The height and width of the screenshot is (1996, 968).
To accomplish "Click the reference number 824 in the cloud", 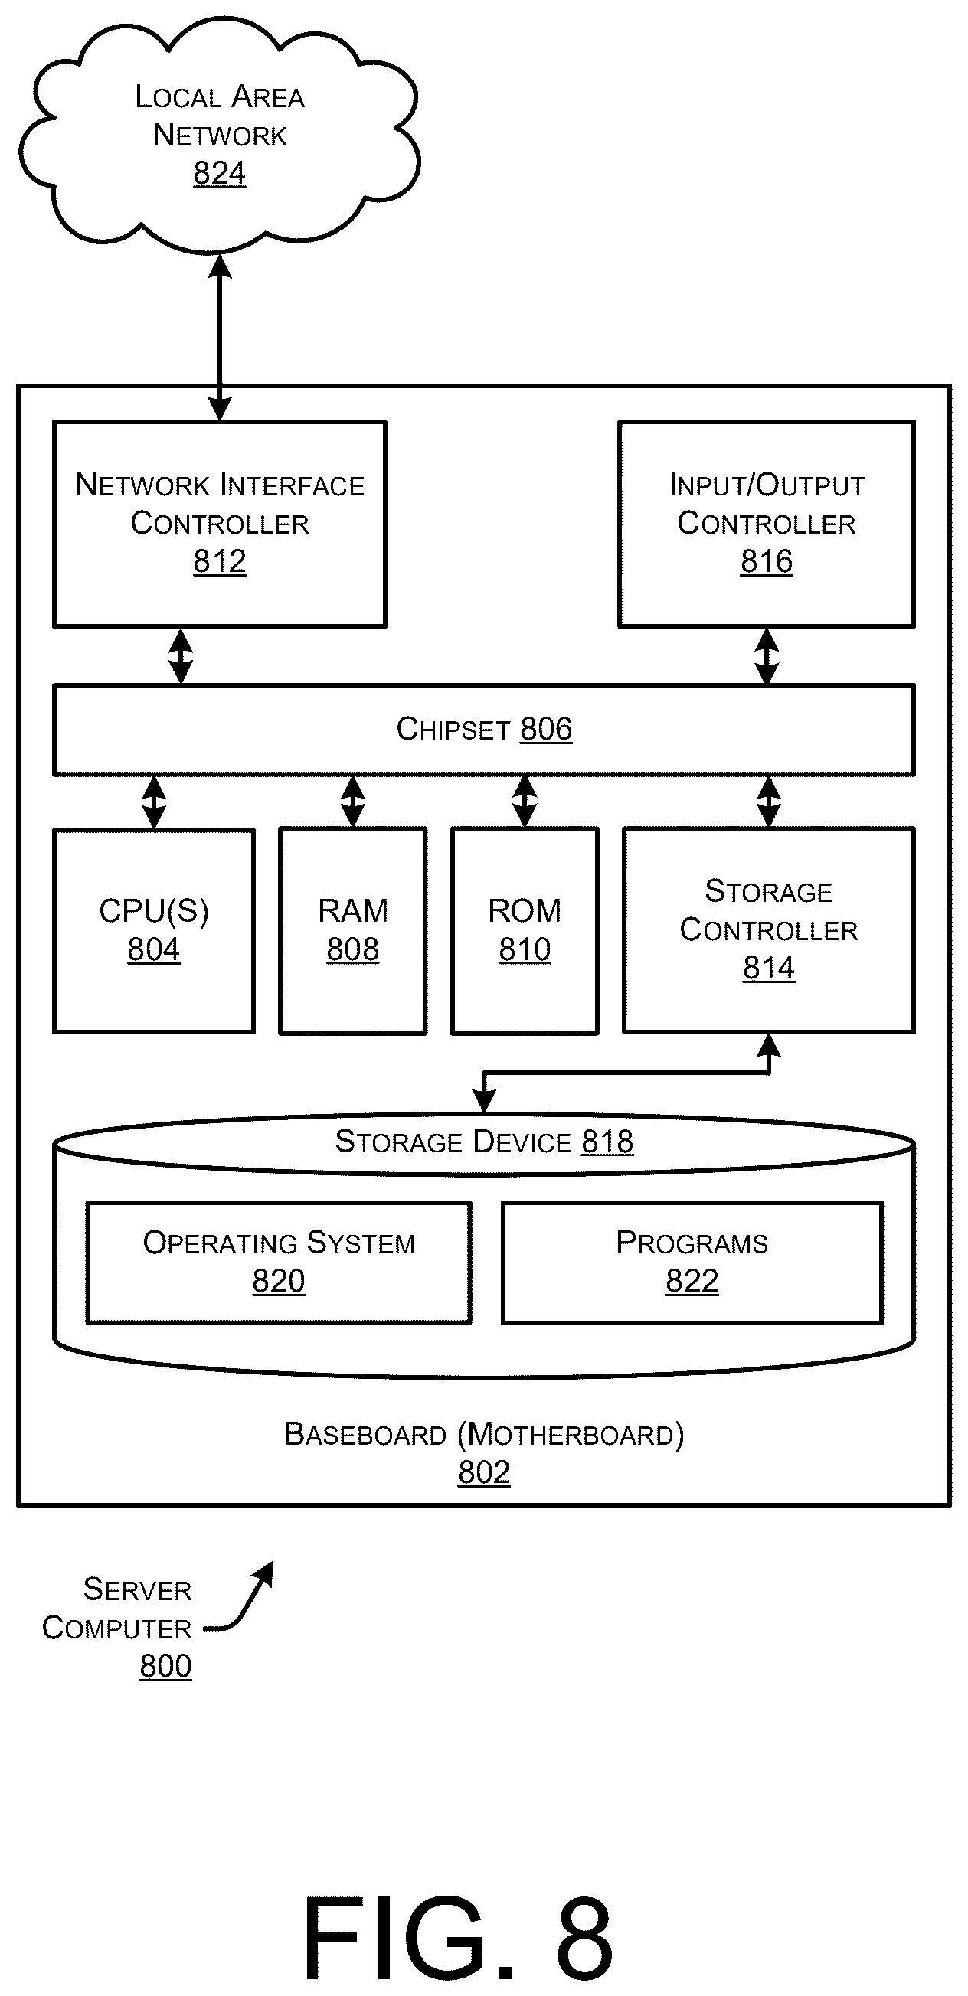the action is (219, 172).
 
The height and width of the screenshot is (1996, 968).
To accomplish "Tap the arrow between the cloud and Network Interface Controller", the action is (220, 337).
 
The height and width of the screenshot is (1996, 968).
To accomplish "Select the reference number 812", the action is (219, 560).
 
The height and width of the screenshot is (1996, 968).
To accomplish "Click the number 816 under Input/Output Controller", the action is (767, 560).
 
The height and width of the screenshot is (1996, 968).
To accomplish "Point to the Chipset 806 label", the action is (485, 728).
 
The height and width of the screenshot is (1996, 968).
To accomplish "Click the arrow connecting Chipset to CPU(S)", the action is (153, 802).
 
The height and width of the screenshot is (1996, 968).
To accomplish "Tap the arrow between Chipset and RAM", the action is (352, 802).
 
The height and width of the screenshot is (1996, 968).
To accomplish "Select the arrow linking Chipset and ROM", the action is (525, 802).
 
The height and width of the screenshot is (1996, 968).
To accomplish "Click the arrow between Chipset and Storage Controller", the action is (768, 802).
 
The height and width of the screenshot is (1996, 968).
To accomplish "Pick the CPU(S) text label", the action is (153, 910).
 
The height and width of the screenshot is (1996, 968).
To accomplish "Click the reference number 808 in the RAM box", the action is (352, 949).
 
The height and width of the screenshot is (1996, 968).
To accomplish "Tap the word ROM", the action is (525, 910).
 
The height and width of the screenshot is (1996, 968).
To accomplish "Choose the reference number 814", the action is (769, 967).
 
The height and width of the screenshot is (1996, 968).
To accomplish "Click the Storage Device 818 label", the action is (485, 1142).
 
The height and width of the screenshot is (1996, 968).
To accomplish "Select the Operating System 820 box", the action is (279, 1263).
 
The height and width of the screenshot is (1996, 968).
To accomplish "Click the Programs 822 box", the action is (692, 1263).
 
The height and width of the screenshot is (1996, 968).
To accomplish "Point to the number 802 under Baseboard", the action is (485, 1472).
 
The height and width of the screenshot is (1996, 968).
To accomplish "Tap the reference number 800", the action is (165, 1665).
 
